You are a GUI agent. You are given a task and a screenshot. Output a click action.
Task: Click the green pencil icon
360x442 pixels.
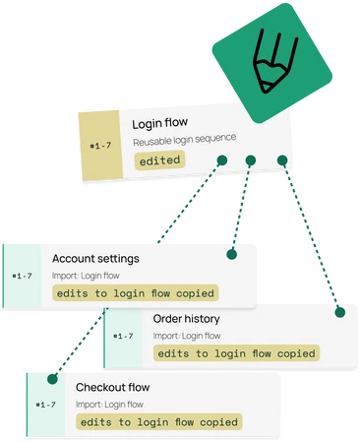point(271,63)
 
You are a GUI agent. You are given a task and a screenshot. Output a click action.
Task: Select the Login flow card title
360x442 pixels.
point(160,123)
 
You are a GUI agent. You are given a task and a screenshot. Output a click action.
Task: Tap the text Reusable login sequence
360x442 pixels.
point(184,140)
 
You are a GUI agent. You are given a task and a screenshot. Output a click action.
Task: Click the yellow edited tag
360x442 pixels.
point(159,160)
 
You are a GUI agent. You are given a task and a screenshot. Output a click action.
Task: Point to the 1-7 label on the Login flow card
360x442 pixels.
point(100,145)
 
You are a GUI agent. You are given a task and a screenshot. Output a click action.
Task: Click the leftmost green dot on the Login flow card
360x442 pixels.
point(222,160)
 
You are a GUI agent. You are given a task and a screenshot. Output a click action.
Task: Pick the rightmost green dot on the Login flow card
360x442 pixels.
point(282,160)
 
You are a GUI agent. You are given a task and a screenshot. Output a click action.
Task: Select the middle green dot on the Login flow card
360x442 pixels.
point(251,160)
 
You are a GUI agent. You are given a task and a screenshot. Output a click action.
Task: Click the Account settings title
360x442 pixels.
point(95,259)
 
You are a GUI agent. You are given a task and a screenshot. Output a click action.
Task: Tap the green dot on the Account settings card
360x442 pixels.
point(232,254)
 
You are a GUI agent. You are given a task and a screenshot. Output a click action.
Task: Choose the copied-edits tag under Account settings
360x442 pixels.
point(136,293)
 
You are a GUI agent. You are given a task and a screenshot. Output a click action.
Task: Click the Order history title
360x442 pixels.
point(186,319)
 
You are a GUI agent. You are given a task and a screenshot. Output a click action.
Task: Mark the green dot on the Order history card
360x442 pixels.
point(340,312)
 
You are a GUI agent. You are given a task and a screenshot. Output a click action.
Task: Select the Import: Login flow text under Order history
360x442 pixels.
point(187,336)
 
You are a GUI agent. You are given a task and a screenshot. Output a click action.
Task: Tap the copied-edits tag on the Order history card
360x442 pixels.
point(236,353)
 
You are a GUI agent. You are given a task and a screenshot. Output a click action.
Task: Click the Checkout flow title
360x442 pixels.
point(112,387)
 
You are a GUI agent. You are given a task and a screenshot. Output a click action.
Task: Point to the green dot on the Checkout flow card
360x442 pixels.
point(52,379)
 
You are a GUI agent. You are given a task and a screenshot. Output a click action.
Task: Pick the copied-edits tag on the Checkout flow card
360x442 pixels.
point(159,422)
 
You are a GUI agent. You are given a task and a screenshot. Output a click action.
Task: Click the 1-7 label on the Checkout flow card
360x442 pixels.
point(45,405)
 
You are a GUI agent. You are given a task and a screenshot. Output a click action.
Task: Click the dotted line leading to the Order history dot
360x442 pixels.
point(311,236)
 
